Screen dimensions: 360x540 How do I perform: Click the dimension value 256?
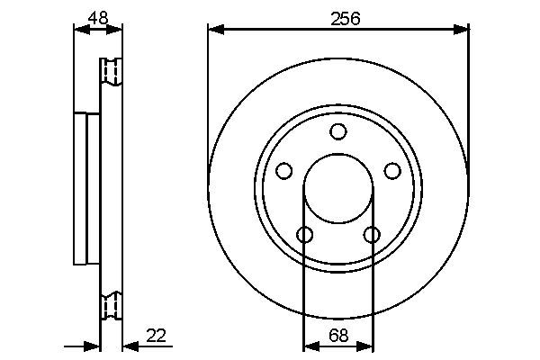click(x=337, y=18)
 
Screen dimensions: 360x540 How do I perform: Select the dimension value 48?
click(x=98, y=18)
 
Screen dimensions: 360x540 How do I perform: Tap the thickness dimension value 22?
click(x=156, y=336)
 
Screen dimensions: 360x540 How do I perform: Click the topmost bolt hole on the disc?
click(x=337, y=132)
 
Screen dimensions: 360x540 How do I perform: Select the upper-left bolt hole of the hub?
click(x=284, y=171)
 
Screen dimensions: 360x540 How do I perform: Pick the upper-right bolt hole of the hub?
click(x=391, y=171)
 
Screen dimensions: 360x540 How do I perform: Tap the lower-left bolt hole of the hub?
click(x=304, y=235)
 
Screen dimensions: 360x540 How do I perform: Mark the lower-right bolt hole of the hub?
click(x=372, y=235)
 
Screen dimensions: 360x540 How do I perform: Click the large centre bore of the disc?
click(x=337, y=191)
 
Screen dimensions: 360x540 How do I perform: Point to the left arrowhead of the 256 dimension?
click(x=214, y=30)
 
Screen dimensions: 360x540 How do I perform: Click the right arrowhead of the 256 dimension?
click(x=463, y=30)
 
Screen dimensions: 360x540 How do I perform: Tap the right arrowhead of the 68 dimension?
click(x=367, y=346)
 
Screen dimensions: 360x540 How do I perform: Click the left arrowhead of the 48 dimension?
click(x=79, y=30)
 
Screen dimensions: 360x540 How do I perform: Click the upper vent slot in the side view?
click(x=112, y=72)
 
